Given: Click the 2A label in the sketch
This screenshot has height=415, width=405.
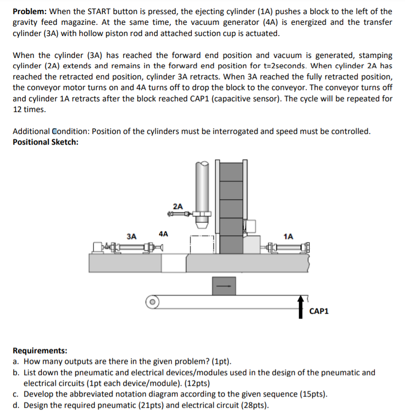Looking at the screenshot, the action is coord(178,207).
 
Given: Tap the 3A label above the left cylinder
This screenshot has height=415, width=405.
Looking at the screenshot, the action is coord(131,236).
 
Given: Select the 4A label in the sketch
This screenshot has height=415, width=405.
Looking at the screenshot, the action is coord(163,234).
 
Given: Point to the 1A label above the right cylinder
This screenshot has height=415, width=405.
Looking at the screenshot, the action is coord(288,236).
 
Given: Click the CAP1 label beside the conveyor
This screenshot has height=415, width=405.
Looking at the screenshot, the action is coord(319,311).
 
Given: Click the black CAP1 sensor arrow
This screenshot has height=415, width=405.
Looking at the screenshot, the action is coord(300,307).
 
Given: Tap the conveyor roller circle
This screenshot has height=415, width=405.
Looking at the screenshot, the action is coord(152,302).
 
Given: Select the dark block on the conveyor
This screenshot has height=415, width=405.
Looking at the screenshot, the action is coord(224,286).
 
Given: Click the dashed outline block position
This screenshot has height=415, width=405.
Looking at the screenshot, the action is coord(202,245).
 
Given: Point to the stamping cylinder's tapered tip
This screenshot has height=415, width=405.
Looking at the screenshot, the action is coord(202,225).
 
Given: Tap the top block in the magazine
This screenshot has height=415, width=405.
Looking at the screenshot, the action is coord(231,172).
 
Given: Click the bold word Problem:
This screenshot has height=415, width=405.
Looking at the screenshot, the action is coord(30,11).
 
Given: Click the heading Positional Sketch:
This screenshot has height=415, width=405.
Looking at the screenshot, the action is coord(46,142).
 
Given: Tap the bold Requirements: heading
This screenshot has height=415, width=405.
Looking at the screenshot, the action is coord(40,350).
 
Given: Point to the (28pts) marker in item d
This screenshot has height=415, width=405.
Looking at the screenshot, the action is coord(255,405).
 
